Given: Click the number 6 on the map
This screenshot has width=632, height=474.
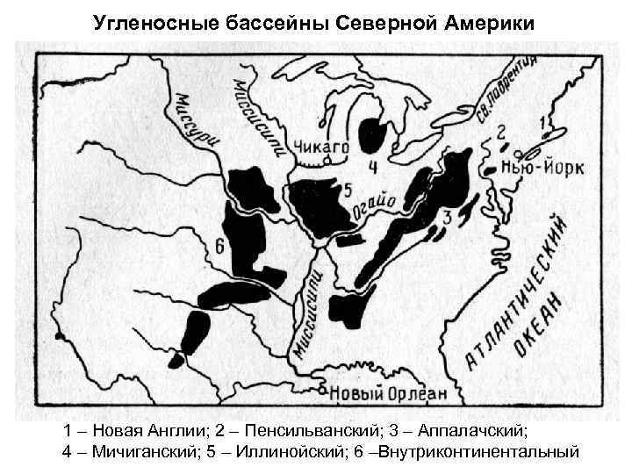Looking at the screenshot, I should (x=219, y=247).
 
